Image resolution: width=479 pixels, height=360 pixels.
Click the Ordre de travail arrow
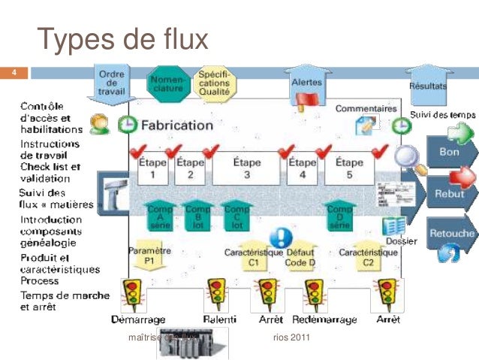tap(111, 82)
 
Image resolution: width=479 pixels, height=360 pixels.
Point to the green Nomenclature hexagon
tap(167, 84)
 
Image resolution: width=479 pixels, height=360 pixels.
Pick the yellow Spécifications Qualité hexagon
tap(214, 83)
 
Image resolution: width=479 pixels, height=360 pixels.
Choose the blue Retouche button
tap(450, 233)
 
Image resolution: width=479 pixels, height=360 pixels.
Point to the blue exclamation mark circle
tap(281, 238)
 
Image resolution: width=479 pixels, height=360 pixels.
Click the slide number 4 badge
tap(14, 73)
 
